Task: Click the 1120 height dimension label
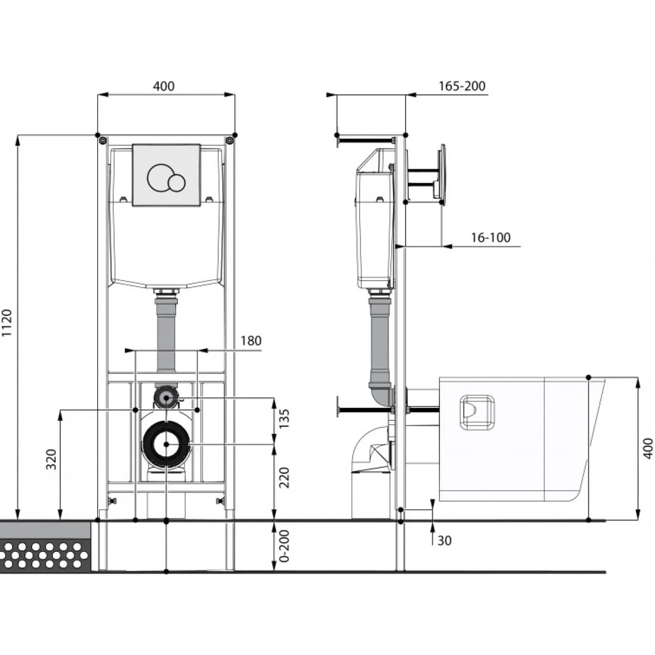(x=7, y=323)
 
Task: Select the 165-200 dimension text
(x=462, y=86)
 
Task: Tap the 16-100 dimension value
(x=491, y=237)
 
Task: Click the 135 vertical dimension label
(x=284, y=419)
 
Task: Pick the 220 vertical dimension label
(x=284, y=478)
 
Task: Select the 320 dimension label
(x=51, y=460)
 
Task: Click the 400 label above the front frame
(x=164, y=86)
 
